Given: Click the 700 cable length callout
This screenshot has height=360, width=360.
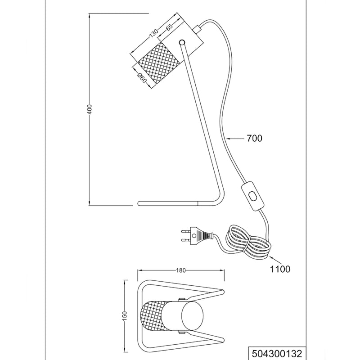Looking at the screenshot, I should click(254, 139).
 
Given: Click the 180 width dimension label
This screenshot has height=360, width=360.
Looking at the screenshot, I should click(180, 270).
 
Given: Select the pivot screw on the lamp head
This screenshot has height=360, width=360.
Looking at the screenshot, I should click(182, 43).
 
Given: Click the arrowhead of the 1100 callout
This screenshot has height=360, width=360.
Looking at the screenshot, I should click(270, 257).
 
